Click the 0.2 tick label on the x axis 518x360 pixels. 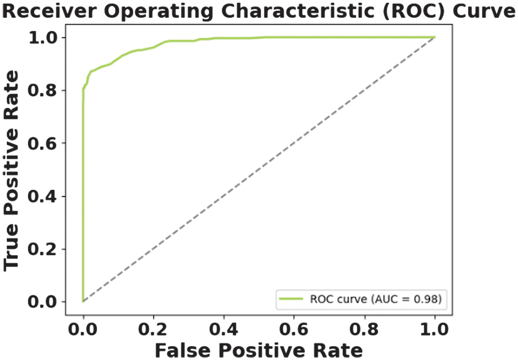tap(153, 331)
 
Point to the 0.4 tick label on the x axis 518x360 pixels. tap(224, 331)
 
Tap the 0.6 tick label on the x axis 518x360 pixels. tap(294, 331)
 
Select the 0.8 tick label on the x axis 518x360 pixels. tap(364, 331)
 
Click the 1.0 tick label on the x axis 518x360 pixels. tap(434, 331)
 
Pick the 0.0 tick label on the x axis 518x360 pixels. tap(83, 331)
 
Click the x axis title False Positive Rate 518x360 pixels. tap(259, 350)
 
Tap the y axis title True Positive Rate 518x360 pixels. tap(13, 169)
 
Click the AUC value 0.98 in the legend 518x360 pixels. tap(430, 299)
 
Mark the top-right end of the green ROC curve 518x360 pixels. tap(434, 37)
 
